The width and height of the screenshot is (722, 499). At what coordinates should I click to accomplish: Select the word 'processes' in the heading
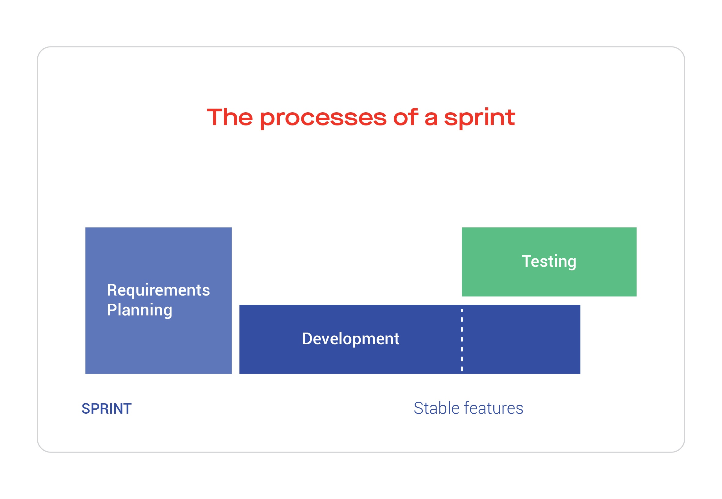click(323, 118)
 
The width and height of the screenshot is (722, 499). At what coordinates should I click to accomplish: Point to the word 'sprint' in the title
click(479, 118)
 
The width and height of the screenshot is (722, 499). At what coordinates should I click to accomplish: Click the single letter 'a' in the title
click(431, 119)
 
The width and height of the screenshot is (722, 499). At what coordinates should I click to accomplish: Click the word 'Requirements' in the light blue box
click(158, 290)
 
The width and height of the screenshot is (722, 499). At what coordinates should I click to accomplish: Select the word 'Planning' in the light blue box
click(139, 310)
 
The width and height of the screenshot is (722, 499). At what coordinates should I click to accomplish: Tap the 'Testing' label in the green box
click(549, 261)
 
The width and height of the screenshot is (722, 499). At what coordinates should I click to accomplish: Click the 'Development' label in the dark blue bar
click(350, 339)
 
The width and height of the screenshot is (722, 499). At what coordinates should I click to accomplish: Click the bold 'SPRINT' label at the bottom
click(106, 409)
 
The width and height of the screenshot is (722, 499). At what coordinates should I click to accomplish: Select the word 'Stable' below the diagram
click(437, 408)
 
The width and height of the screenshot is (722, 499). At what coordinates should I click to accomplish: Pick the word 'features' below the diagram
click(493, 408)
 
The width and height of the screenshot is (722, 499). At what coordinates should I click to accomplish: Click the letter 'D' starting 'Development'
click(307, 339)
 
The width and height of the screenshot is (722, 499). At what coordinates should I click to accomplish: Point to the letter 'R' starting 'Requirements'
click(112, 290)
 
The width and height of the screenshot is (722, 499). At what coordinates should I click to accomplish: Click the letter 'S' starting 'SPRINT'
click(86, 409)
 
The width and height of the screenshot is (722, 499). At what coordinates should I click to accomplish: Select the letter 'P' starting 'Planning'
click(112, 310)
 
